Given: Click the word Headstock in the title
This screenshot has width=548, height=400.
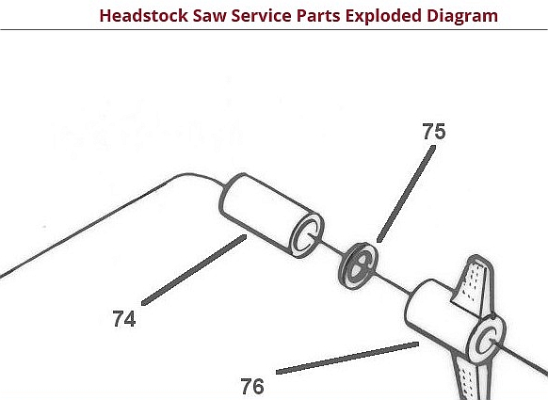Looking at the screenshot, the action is click(143, 16).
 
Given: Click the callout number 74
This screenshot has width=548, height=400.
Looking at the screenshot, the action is click(124, 319).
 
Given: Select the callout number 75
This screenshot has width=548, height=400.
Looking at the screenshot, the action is click(434, 132).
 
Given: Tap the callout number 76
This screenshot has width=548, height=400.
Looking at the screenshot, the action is click(252, 387).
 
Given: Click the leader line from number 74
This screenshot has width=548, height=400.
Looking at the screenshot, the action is click(194, 270).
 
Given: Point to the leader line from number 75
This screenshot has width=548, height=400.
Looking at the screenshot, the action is click(406, 194).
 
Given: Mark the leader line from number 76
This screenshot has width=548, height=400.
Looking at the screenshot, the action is click(347, 358).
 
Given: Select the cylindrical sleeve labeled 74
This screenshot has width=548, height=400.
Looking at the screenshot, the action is click(271, 216).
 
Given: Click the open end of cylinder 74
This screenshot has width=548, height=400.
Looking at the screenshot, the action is click(307, 235).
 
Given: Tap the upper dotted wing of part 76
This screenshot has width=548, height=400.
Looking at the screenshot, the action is click(473, 286).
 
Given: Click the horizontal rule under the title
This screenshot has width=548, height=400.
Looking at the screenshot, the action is click(274, 30).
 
